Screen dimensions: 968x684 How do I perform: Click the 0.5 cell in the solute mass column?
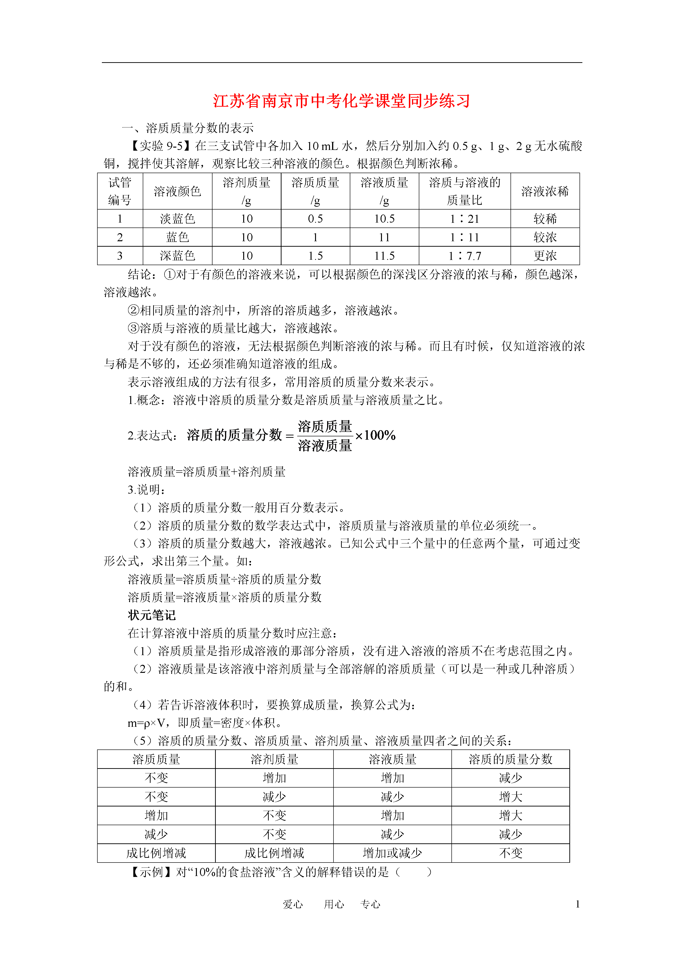point(315,219)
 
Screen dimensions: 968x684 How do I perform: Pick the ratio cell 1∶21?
point(464,219)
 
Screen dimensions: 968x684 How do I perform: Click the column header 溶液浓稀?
point(545,191)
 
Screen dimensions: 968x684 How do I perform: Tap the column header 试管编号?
point(120,191)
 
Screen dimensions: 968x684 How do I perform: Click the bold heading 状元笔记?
point(152,615)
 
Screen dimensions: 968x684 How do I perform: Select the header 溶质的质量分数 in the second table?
point(510,759)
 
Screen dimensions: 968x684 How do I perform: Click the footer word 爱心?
point(293,904)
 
